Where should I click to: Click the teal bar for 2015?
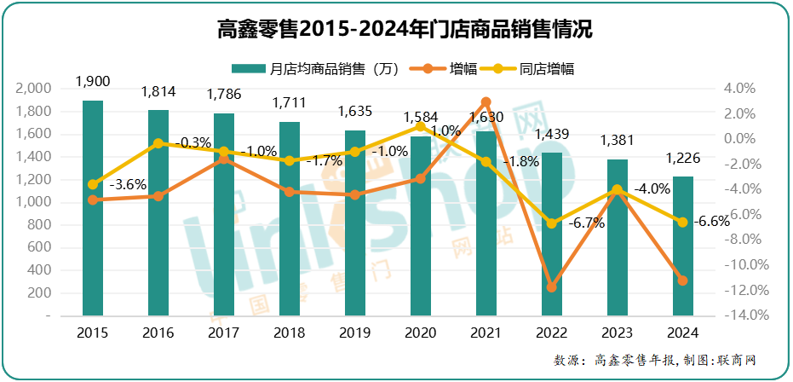coord(93,208)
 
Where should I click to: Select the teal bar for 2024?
coord(683,246)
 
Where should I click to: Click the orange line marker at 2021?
coord(486,102)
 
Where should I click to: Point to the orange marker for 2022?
coord(552,287)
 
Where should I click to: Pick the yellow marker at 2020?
coord(421,126)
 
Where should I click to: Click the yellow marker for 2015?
coord(93,184)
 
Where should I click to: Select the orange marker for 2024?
coord(683,281)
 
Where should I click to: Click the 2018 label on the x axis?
coord(290,333)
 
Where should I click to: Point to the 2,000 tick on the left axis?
coord(34,89)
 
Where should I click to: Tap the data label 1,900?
coord(93,81)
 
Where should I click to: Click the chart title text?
coord(395,30)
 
